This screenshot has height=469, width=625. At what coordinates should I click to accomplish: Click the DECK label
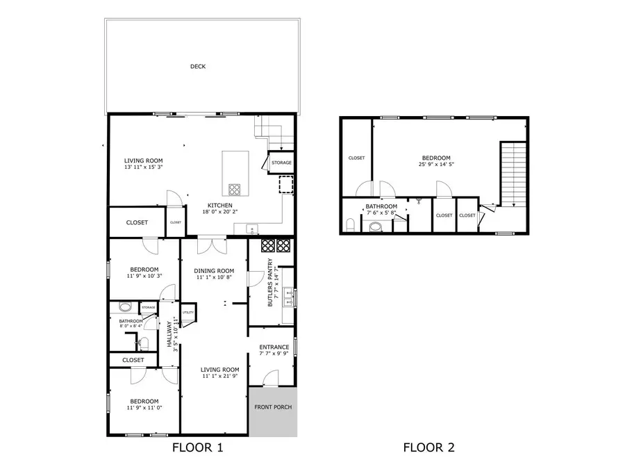point(198,67)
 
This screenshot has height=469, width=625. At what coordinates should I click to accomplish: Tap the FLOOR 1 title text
point(197,447)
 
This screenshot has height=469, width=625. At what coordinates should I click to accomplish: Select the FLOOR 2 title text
point(428,447)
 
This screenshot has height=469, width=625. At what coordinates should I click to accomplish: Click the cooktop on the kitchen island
point(235,188)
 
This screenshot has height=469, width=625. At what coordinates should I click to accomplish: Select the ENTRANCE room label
point(274,347)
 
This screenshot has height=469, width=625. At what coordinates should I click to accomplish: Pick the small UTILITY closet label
point(187,313)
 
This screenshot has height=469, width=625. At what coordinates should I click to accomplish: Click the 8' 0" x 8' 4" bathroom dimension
point(131,326)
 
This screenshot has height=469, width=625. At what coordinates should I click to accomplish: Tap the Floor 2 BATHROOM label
point(381,206)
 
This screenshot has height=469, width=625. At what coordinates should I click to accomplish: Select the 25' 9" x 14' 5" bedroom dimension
point(435,165)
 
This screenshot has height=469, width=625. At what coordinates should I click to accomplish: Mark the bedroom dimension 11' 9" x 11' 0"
point(143,408)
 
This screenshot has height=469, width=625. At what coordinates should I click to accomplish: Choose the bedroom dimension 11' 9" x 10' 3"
point(143,276)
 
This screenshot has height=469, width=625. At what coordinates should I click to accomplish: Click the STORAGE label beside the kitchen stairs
point(281,163)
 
